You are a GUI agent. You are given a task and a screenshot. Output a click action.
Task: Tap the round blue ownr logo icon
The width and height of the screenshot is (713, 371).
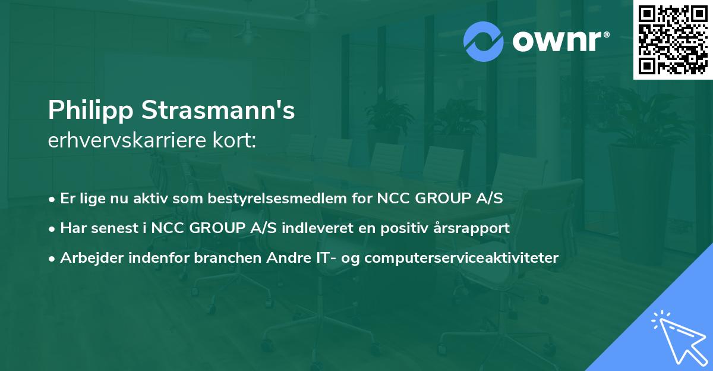(x=484, y=41)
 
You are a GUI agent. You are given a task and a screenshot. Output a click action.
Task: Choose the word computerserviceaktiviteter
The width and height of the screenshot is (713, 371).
(x=461, y=258)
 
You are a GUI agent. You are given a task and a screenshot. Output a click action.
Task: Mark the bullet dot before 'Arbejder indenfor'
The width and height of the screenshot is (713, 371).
(x=53, y=259)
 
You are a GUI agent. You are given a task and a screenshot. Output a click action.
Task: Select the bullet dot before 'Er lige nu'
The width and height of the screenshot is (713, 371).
(x=53, y=199)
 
